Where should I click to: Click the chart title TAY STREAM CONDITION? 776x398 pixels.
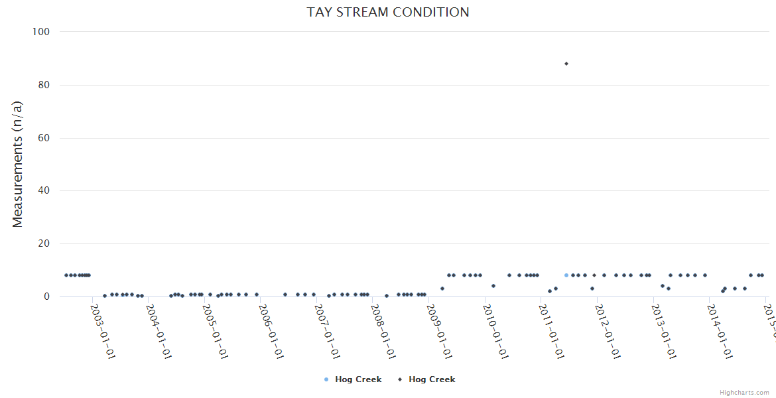(x=388, y=13)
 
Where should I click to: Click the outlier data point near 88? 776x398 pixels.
(x=566, y=64)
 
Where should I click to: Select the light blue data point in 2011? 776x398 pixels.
(x=566, y=275)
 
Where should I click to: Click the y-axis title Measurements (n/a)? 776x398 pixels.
(x=18, y=164)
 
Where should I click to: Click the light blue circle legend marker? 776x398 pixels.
(x=326, y=379)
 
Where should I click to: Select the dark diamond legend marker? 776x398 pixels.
(x=399, y=379)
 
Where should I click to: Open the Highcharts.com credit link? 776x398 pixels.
(x=744, y=393)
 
